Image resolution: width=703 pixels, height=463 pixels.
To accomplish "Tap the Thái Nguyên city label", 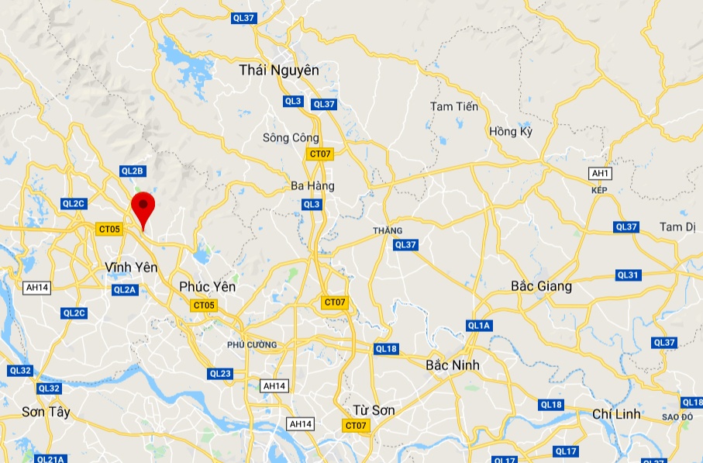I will pos(279,70).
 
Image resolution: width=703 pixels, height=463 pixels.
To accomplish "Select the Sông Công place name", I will pos(291,138).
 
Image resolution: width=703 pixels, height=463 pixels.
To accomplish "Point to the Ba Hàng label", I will pos(312,186).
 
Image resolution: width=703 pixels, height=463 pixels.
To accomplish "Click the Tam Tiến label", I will pos(454,106).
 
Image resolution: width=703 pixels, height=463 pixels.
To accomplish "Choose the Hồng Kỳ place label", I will pos(511,132).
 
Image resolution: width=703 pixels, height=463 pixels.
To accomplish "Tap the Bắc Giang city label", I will pos(541,287).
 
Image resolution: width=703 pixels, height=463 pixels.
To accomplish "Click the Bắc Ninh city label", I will pos(453,365).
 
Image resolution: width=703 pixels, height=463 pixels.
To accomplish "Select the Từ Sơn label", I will pos(374,410).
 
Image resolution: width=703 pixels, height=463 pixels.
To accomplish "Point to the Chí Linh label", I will pos(616,414).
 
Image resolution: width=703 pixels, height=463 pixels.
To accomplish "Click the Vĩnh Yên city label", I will pos(131,267).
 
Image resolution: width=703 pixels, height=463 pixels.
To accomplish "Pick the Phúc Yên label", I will pos(207,287).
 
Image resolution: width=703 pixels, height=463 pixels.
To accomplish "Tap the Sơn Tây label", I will pos(46,412).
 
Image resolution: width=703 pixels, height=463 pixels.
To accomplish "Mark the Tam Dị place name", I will pos(678,226).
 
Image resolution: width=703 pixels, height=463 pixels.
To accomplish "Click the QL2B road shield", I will pos(133,171).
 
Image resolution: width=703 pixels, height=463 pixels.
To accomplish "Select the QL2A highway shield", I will pos(124,289).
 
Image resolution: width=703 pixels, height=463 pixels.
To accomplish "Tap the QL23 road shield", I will pos(220,374).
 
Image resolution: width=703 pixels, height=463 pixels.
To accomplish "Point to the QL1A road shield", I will pos(479,326).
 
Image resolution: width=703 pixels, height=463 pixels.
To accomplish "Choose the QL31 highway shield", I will pos(628,275).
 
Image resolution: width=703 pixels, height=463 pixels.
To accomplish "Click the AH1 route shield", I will pos(600,173).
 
